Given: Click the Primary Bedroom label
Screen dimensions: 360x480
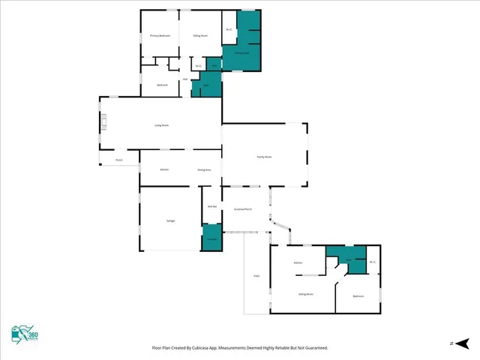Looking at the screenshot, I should (x=160, y=35).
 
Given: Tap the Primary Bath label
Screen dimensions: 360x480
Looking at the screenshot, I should (x=241, y=53).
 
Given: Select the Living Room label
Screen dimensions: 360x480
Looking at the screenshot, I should (x=161, y=125).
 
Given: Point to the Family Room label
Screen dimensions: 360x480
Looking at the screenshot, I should (x=264, y=156).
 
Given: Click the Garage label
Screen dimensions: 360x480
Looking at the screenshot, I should (x=170, y=220).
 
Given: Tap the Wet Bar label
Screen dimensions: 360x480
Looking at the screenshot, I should (x=211, y=206).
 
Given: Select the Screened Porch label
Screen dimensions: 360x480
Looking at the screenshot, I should (x=242, y=208).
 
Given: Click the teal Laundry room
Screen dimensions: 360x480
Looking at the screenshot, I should (x=212, y=238).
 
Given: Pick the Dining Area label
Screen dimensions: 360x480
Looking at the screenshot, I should (x=204, y=169).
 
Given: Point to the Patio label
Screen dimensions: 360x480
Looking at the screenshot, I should (x=256, y=277).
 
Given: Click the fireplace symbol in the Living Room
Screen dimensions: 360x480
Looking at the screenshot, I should (x=104, y=121).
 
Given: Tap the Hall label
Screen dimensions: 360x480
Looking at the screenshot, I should (x=184, y=79).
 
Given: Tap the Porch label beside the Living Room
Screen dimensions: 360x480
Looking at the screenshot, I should (x=118, y=160).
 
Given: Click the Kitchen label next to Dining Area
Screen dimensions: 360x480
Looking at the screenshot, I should (x=164, y=169).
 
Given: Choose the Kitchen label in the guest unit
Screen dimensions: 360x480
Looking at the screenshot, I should (x=298, y=262).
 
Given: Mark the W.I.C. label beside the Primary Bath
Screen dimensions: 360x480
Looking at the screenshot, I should (x=228, y=30).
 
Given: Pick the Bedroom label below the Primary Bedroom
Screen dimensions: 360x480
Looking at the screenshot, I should (x=162, y=85).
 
